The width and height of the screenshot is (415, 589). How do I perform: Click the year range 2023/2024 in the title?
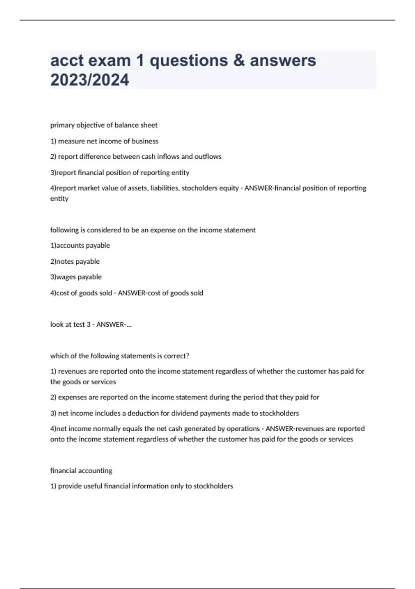(90, 80)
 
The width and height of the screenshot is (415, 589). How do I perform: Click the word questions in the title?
(188, 61)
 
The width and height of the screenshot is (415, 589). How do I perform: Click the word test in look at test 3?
(79, 325)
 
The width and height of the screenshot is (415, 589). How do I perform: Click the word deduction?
(143, 413)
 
